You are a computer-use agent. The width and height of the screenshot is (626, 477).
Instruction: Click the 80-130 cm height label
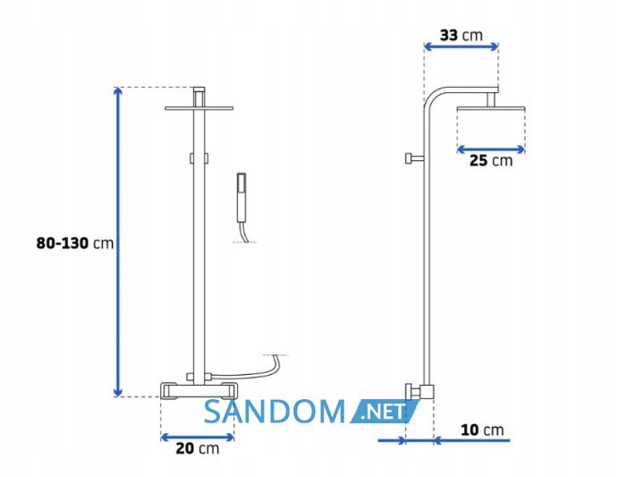(75, 243)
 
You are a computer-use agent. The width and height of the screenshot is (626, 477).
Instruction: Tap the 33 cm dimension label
(461, 35)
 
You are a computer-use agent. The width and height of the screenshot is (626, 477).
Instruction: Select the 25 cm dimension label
(491, 160)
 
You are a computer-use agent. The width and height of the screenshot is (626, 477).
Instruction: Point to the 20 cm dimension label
(198, 448)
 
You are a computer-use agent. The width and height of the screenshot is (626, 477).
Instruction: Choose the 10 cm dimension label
(482, 430)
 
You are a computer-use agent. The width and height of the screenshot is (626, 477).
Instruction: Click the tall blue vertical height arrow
(118, 242)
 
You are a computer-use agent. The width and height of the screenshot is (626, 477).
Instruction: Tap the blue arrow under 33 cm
(461, 47)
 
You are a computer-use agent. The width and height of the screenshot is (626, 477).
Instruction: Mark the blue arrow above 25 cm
(491, 149)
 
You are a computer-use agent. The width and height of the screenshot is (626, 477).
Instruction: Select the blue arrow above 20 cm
(198, 438)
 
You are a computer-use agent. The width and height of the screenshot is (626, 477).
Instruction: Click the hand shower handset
(241, 198)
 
